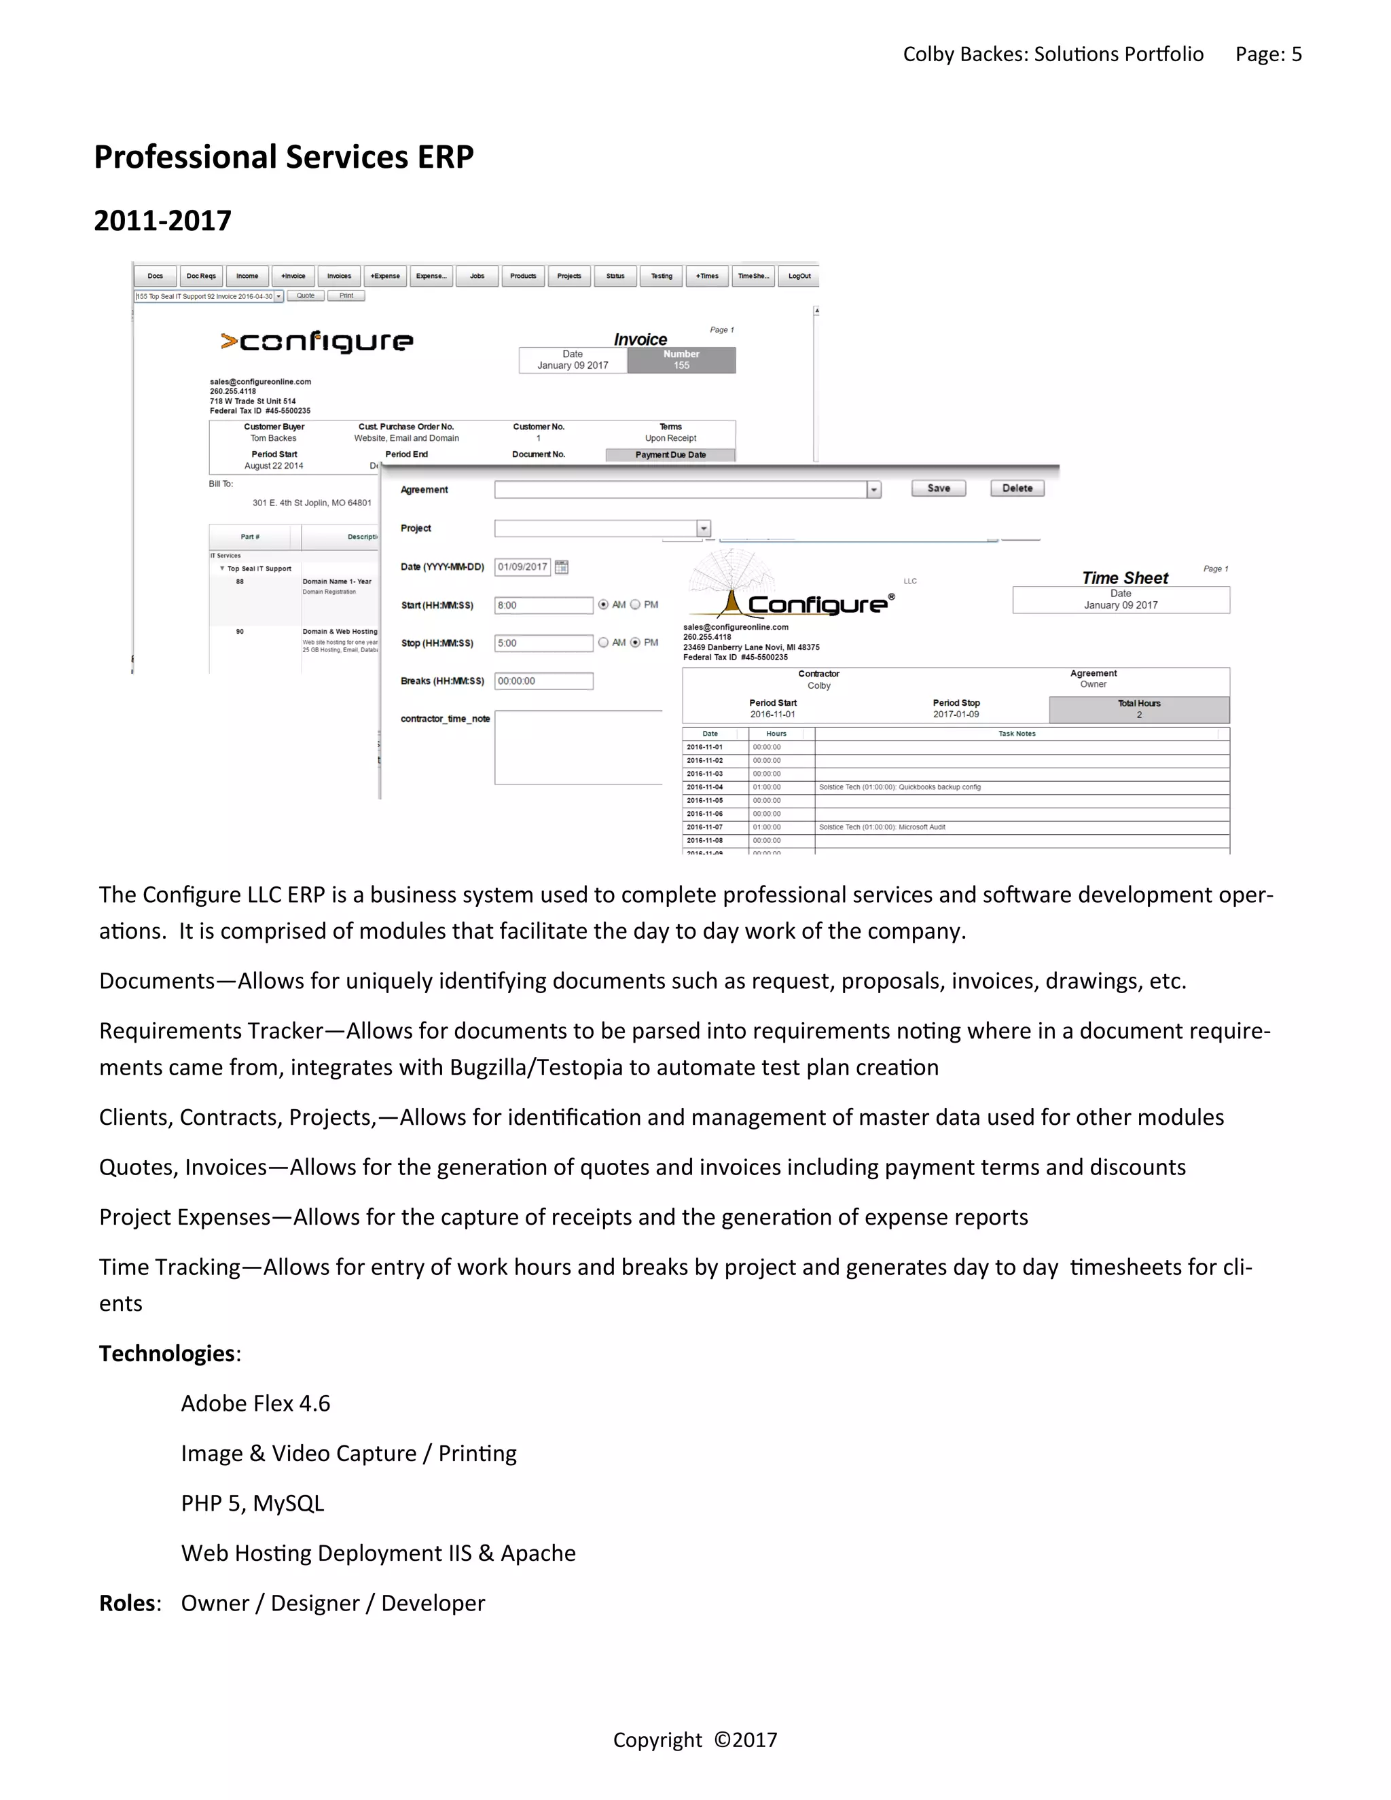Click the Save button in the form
(x=938, y=488)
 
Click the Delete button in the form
(x=1017, y=488)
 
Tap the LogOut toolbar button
(x=799, y=276)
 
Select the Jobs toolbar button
(x=477, y=276)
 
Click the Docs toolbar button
(x=155, y=276)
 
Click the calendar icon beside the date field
(x=561, y=567)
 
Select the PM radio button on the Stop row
(x=635, y=643)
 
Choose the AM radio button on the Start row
(x=603, y=605)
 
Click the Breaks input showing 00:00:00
(x=543, y=681)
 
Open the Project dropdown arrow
(x=703, y=528)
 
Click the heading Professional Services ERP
(x=283, y=157)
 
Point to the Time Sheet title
(x=1124, y=578)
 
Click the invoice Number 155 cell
(x=681, y=360)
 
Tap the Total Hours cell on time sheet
(x=1138, y=708)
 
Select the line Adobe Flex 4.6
(x=255, y=1403)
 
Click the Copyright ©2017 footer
(x=695, y=1740)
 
